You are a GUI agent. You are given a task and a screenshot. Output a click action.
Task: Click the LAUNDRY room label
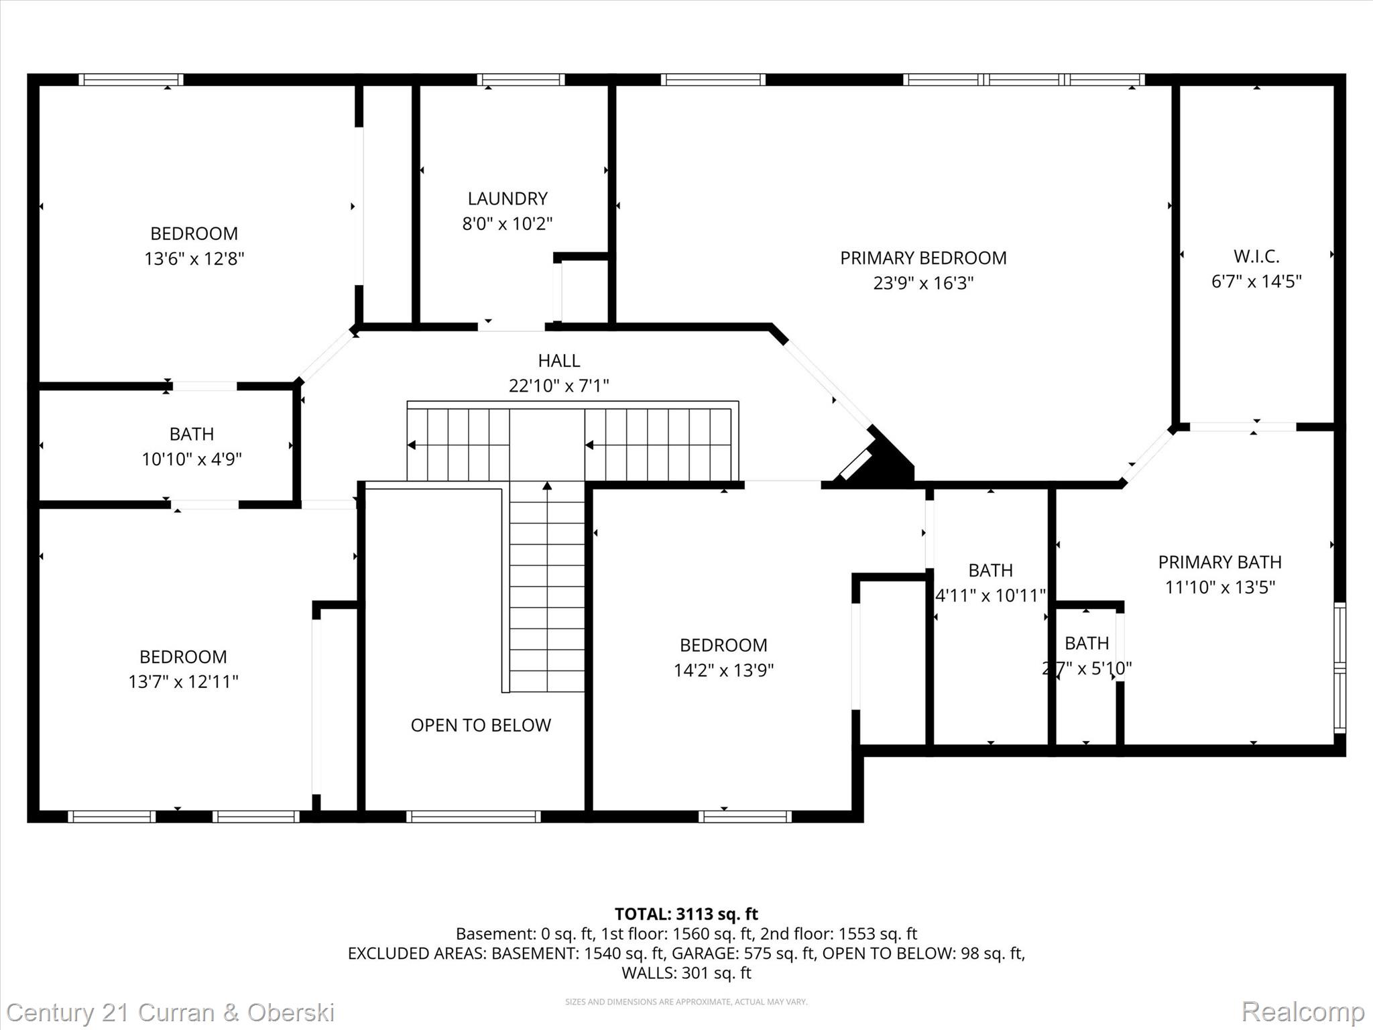click(x=508, y=198)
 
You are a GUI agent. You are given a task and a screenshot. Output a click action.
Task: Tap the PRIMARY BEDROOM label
click(x=923, y=258)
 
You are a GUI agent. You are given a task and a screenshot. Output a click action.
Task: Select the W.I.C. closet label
click(x=1256, y=256)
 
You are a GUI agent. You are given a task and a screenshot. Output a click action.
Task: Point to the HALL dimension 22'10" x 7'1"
click(x=558, y=386)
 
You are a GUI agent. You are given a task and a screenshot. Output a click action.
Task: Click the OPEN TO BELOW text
click(x=481, y=725)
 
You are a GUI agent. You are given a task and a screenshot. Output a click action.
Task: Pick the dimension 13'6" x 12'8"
click(x=194, y=259)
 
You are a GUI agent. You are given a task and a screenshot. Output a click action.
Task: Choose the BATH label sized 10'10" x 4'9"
click(x=192, y=434)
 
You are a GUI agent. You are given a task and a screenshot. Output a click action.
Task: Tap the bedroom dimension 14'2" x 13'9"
click(x=723, y=670)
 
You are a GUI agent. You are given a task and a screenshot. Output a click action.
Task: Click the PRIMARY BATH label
click(x=1219, y=562)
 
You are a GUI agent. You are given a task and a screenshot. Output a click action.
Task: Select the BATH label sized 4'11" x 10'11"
click(x=990, y=570)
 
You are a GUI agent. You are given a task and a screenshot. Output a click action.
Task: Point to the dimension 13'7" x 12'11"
click(x=183, y=681)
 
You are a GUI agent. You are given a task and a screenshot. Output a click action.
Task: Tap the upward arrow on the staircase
click(x=547, y=486)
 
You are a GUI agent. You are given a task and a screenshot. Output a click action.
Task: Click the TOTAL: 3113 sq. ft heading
click(x=686, y=914)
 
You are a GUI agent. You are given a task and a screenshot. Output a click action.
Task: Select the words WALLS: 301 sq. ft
click(x=686, y=973)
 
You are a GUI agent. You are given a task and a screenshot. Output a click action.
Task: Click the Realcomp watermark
click(x=1303, y=1011)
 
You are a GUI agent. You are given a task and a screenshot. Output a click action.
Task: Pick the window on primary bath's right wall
click(x=1339, y=667)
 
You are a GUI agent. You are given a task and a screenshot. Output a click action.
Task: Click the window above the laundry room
click(x=521, y=80)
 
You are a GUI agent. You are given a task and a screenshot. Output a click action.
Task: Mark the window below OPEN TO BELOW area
click(x=473, y=816)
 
